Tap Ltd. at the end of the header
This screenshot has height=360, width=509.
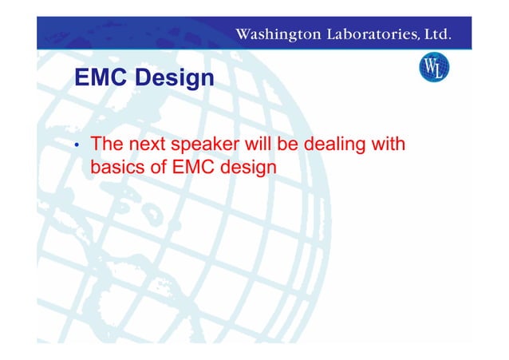click(x=437, y=34)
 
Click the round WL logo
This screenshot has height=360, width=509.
click(x=434, y=67)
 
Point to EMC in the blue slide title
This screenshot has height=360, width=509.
click(x=99, y=79)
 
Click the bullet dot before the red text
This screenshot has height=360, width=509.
click(x=77, y=148)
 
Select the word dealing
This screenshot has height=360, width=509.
click(x=349, y=146)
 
